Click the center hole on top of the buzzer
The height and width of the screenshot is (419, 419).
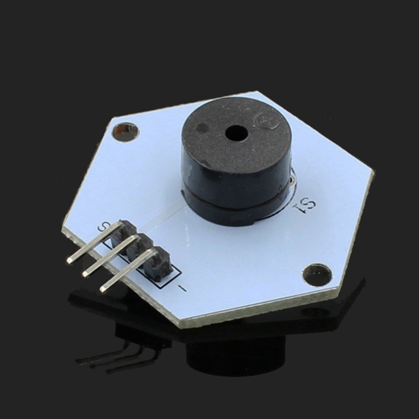pos(236,133)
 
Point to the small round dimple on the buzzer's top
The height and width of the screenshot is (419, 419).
pos(202,128)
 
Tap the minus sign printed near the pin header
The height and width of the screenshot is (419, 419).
pos(182,288)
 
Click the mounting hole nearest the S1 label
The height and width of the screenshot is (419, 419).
pos(317,275)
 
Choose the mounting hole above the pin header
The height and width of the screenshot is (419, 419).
pos(125,132)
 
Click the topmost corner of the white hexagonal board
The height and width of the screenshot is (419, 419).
pos(259,92)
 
